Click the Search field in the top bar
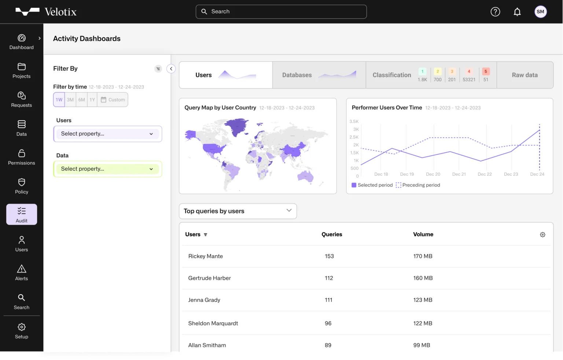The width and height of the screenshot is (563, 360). pos(281,12)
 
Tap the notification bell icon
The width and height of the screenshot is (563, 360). pos(517,12)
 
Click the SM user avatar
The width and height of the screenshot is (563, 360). pos(540,12)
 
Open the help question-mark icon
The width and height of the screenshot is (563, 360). pos(495,12)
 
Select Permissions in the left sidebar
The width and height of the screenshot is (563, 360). pos(22,157)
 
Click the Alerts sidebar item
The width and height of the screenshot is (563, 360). pos(22,273)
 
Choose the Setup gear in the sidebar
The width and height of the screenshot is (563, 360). pos(22,331)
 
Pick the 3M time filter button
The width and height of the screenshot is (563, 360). pos(70,100)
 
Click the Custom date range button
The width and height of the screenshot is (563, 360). pos(113,100)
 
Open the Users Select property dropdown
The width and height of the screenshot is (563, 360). pos(107,134)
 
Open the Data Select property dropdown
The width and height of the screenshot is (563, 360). pos(107,169)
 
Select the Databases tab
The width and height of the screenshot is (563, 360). pos(319,75)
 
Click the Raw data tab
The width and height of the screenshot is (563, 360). pos(525,75)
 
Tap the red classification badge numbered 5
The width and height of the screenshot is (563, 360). pos(486,72)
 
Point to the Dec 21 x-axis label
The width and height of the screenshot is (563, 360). pos(459,174)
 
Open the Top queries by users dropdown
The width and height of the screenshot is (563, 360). pos(238,211)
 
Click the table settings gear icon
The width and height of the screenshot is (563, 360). pos(542,235)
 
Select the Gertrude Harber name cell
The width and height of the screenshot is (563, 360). pos(209,278)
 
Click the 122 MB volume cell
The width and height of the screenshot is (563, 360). pos(423,323)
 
